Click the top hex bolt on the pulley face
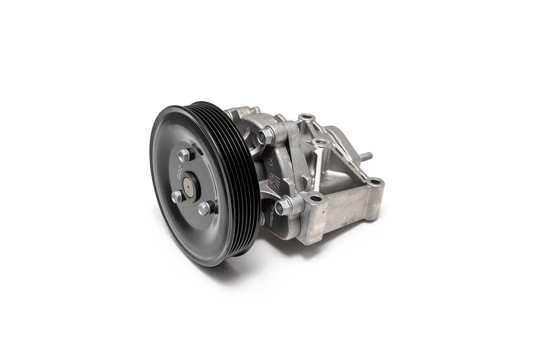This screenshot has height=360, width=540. coord(184,155)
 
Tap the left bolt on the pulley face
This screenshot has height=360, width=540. coord(177,197)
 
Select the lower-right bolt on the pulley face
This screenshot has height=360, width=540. coord(204,208)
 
